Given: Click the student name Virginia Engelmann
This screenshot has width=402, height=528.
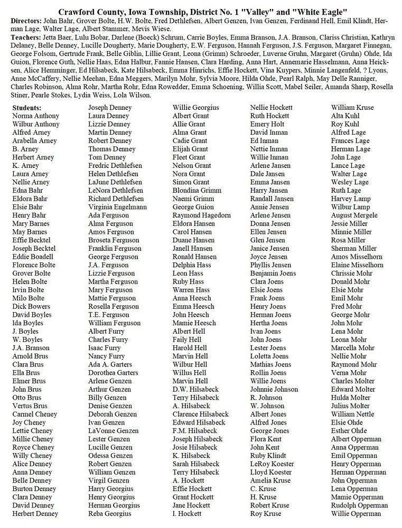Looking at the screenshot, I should pyautogui.click(x=117, y=207).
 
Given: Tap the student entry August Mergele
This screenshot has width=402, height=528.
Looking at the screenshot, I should pyautogui.click(x=354, y=215).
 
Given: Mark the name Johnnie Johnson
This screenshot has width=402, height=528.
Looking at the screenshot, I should pyautogui.click(x=274, y=390).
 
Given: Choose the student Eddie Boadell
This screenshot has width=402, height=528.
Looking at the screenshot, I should pyautogui.click(x=33, y=257).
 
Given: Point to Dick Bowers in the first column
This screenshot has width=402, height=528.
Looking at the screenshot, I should pyautogui.click(x=31, y=307).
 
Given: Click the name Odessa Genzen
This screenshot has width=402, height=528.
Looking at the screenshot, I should pyautogui.click(x=110, y=456).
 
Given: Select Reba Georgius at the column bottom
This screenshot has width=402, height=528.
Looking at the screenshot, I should pyautogui.click(x=110, y=514).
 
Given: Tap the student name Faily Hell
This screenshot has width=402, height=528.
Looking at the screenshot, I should pyautogui.click(x=187, y=340).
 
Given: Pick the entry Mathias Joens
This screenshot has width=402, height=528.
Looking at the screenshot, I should pyautogui.click(x=270, y=364).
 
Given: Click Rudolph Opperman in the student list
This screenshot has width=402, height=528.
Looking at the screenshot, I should pyautogui.click(x=359, y=505).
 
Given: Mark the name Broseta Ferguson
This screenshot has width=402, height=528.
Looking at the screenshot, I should pyautogui.click(x=114, y=240).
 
